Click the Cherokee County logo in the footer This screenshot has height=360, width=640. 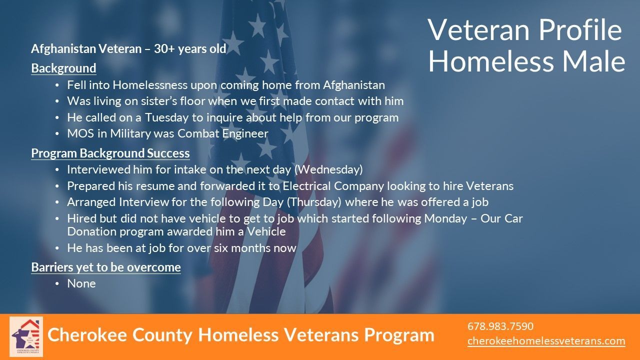click(x=26, y=336)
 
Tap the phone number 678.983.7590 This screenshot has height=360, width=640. click(x=500, y=326)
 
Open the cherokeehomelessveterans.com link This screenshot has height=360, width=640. click(x=546, y=341)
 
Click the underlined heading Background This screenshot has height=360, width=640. click(x=63, y=68)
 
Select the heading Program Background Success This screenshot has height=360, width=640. click(x=110, y=153)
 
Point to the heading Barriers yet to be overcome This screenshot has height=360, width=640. click(x=106, y=267)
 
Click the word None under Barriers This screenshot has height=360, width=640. click(x=81, y=283)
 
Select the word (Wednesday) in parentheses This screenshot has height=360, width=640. click(x=328, y=169)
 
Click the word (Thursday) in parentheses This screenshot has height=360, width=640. click(x=314, y=202)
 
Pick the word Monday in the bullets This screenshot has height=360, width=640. click(x=445, y=218)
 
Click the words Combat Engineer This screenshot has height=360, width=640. click(x=223, y=133)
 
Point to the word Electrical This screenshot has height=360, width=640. click(x=306, y=186)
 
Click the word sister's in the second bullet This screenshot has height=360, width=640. click(x=154, y=101)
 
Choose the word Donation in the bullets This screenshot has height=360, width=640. click(x=91, y=231)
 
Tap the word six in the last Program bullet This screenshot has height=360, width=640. click(x=221, y=248)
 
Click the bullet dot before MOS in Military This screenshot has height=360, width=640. click(x=57, y=133)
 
